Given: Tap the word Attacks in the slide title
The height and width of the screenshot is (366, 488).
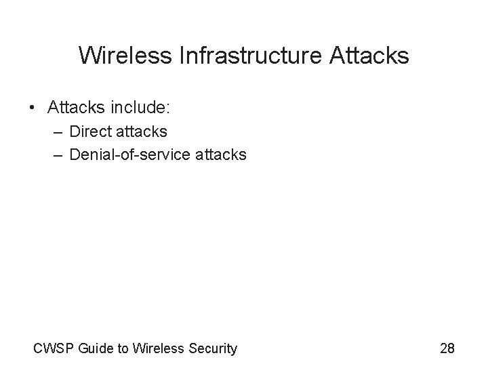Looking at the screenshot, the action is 369,55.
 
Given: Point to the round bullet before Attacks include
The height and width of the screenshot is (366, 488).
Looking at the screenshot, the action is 33,108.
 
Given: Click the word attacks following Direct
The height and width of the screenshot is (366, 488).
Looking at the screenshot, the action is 142,131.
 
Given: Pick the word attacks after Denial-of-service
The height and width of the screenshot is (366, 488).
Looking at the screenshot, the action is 222,155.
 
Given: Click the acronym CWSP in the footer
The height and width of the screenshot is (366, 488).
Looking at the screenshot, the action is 54,349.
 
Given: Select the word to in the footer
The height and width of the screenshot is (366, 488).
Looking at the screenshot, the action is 123,349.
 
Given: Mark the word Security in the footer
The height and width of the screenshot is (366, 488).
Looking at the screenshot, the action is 211,349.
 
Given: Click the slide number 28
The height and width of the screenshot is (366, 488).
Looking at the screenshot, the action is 447,349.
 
